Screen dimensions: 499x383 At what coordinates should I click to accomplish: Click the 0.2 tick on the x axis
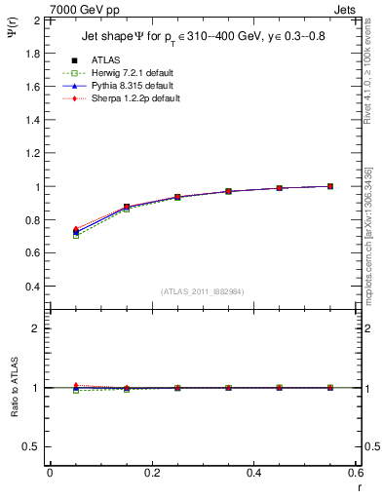click(152, 472)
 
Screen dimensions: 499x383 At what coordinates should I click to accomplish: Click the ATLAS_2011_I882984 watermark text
click(201, 292)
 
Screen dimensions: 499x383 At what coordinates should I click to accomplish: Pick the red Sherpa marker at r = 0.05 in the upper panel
click(76, 229)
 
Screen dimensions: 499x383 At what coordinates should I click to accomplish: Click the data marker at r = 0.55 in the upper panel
click(330, 186)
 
